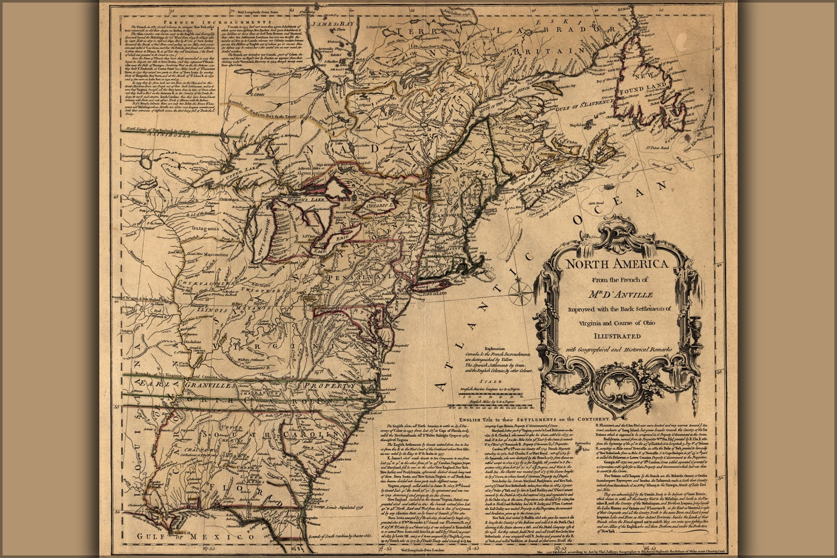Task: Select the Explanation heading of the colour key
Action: tap(496, 348)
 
